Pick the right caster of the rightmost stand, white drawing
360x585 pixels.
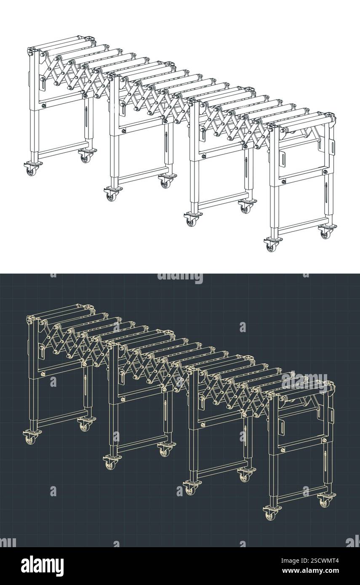325,233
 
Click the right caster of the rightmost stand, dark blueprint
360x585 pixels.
325,502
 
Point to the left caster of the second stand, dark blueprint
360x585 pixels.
111,464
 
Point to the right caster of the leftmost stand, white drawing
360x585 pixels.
85,157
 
